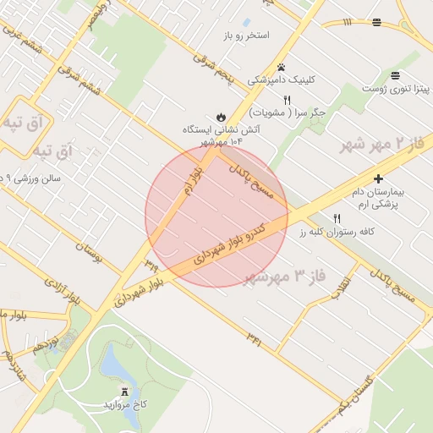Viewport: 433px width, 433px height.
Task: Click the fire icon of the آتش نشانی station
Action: (221, 117)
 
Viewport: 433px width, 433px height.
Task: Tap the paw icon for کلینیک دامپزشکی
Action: (281, 67)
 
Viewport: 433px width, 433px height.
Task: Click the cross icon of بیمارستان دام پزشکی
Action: (378, 178)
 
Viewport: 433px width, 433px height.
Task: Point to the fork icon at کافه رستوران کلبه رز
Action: (338, 217)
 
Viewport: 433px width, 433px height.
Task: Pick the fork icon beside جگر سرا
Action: (288, 99)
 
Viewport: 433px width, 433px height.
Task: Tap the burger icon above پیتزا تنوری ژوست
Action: (396, 75)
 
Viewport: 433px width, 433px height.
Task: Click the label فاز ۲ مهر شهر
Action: (381, 144)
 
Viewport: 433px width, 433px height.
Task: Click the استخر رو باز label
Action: (246, 36)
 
